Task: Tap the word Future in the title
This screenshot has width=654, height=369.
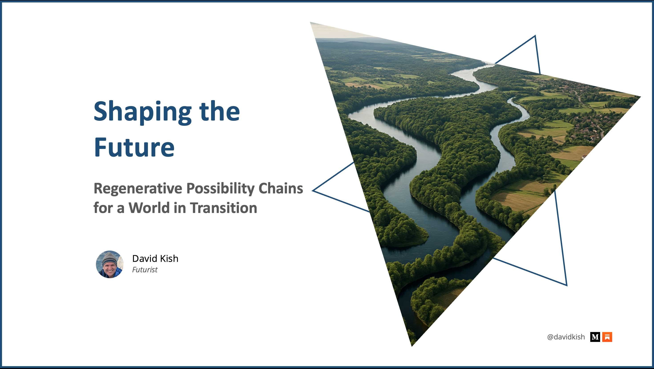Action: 134,147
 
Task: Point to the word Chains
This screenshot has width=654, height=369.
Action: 281,188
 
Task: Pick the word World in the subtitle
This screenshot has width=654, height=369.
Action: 149,208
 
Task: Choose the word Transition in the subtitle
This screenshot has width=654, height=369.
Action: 223,208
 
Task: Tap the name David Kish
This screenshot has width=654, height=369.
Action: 155,259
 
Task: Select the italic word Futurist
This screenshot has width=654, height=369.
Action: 145,269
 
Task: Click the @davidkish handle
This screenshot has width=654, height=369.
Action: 566,337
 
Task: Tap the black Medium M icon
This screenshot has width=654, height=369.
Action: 595,337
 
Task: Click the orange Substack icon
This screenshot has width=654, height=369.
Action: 607,337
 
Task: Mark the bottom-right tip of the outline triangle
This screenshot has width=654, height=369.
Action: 567,285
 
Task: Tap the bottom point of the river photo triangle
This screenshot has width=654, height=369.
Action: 412,346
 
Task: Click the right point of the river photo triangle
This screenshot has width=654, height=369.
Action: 641,97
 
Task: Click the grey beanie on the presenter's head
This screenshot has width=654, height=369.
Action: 110,258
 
